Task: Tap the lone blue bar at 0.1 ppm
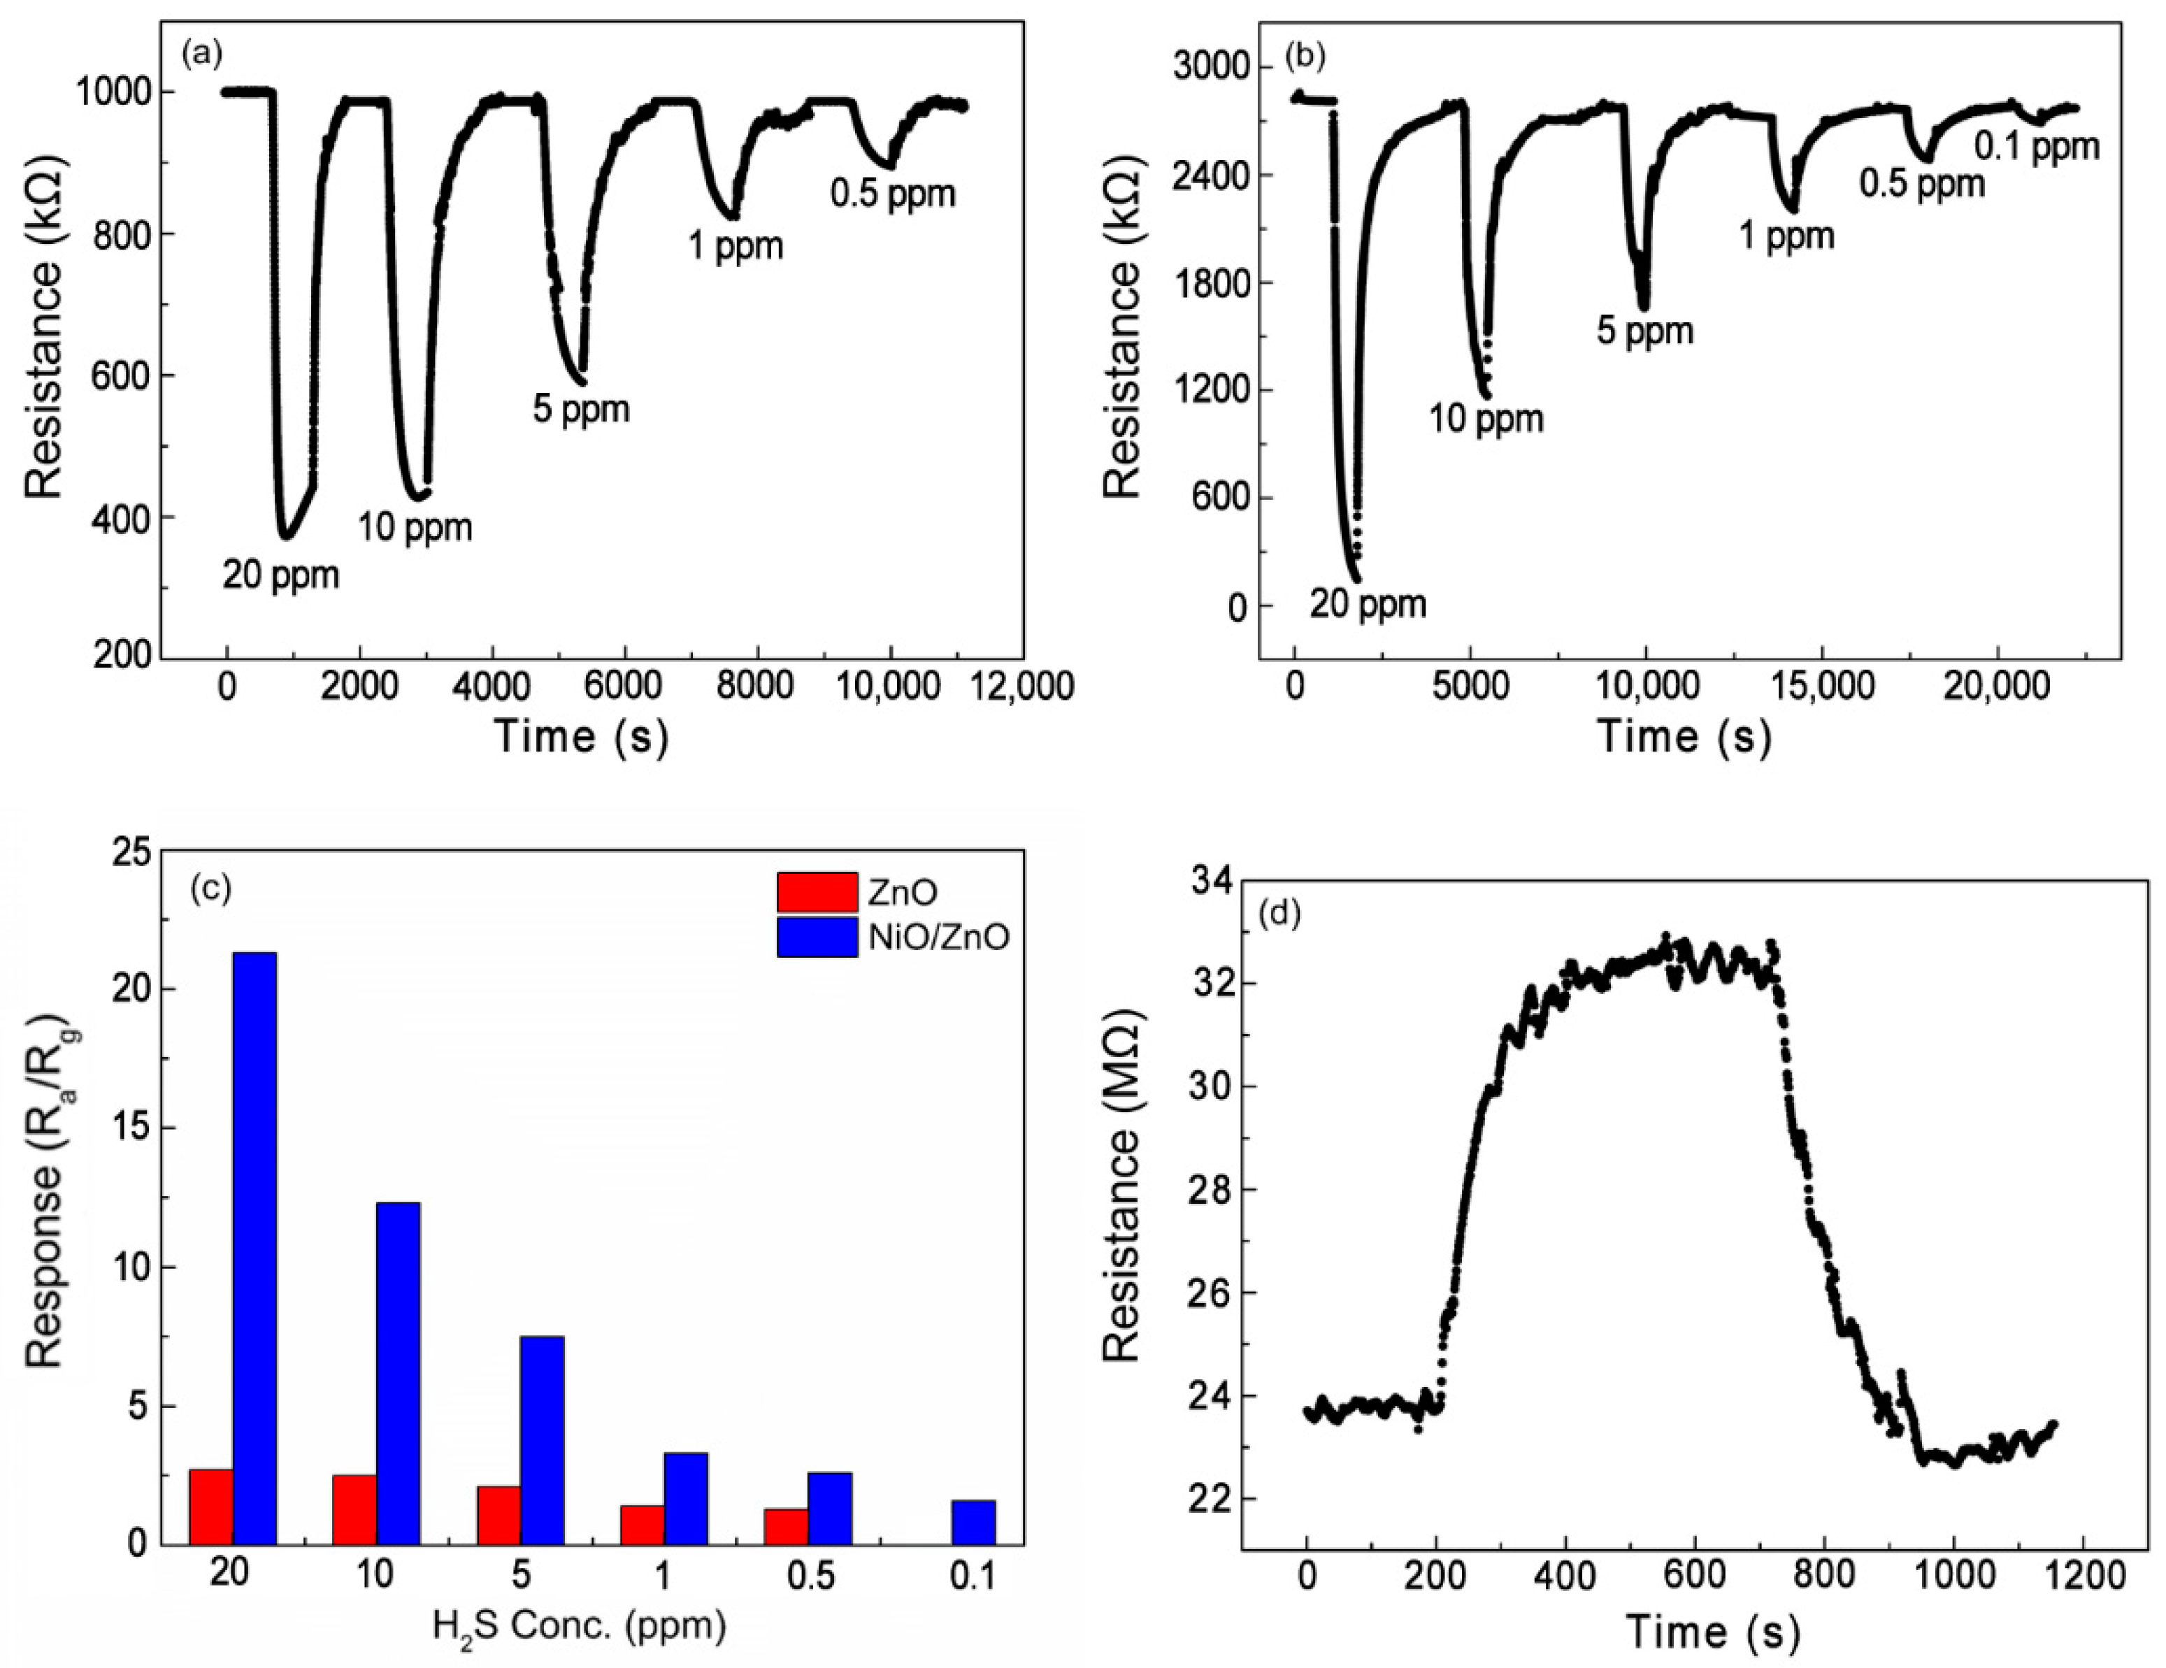coord(973,1522)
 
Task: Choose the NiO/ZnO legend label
coord(938,936)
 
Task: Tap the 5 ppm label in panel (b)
coord(1644,330)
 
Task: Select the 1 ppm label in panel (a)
coord(736,245)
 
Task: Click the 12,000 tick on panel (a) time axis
coord(1022,687)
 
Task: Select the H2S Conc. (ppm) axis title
coord(579,1625)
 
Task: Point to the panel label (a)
coord(201,55)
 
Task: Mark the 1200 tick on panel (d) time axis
coord(2083,1576)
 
